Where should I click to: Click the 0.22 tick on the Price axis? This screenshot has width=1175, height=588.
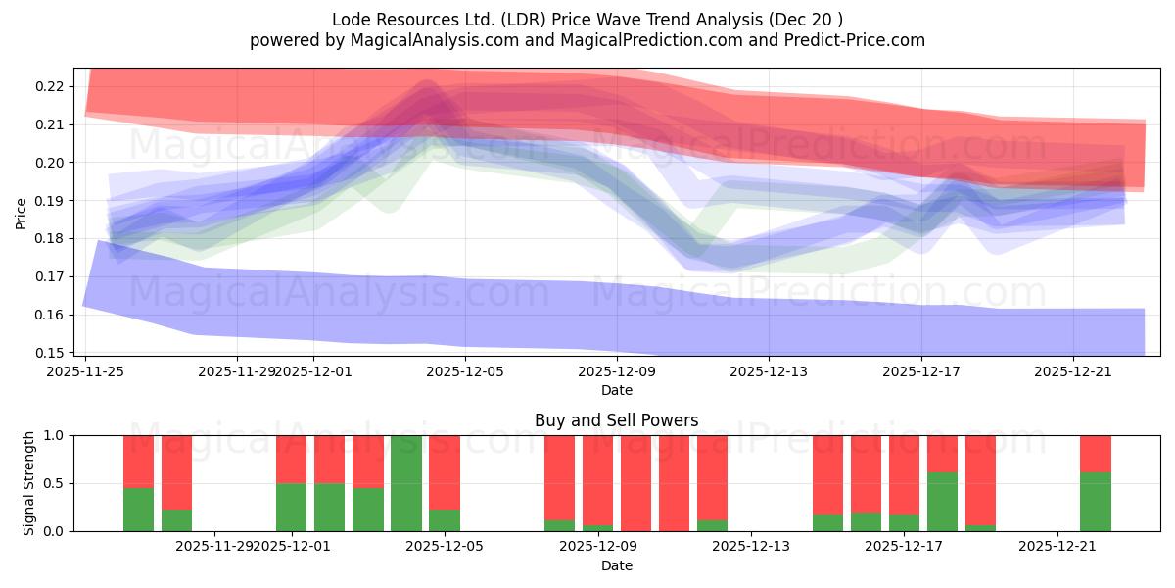tap(49, 86)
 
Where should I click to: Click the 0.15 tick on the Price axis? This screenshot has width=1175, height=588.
tap(49, 353)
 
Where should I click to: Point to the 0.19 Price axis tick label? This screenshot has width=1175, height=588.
tap(49, 201)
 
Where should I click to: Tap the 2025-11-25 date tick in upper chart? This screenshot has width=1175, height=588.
tap(86, 371)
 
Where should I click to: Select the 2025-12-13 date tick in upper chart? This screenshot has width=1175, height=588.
tap(769, 371)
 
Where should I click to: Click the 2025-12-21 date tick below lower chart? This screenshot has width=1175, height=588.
tap(1057, 546)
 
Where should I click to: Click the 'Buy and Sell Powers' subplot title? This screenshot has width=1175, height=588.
tap(616, 420)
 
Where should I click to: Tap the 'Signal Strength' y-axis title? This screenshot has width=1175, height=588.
tap(29, 483)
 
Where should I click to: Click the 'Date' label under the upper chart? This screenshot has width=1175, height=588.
tap(616, 390)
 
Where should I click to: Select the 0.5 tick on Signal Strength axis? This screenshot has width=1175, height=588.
tap(54, 483)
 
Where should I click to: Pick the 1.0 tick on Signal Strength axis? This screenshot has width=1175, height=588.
tap(54, 435)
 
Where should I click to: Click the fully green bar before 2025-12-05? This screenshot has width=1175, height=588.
tap(406, 483)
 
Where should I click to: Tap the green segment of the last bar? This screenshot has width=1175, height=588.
tap(1095, 502)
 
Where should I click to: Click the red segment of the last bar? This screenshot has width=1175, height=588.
tap(1095, 454)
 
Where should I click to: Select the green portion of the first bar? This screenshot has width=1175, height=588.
tap(138, 510)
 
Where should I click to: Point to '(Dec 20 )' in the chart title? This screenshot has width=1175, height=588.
tap(806, 20)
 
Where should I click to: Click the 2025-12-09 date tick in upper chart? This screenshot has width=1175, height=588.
tap(617, 371)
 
